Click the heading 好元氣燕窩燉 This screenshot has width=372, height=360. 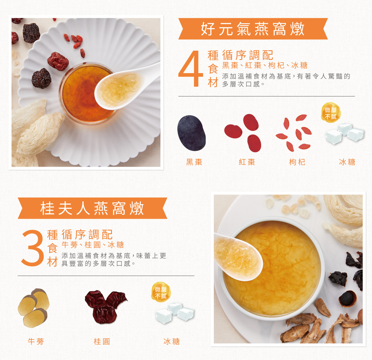pyautogui.click(x=252, y=29)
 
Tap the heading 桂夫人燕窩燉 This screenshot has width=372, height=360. pyautogui.click(x=92, y=208)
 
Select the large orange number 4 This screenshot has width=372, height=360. pyautogui.click(x=190, y=68)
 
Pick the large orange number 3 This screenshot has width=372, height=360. pyautogui.click(x=33, y=248)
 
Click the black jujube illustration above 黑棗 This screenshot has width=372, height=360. pyautogui.click(x=191, y=133)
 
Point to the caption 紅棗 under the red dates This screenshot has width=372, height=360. pyautogui.click(x=247, y=162)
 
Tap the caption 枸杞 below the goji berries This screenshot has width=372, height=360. pyautogui.click(x=297, y=162)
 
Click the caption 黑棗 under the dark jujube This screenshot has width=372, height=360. pyautogui.click(x=194, y=162)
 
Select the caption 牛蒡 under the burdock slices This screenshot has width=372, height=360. pyautogui.click(x=36, y=341)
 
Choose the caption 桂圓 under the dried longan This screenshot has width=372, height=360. pyautogui.click(x=102, y=341)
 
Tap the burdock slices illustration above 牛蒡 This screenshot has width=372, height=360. pyautogui.click(x=34, y=308)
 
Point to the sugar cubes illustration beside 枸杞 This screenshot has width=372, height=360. pyautogui.click(x=345, y=134)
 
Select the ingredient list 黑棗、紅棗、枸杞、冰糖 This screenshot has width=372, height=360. pyautogui.click(x=265, y=65)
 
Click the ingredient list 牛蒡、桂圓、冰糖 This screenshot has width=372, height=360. pyautogui.click(x=93, y=244)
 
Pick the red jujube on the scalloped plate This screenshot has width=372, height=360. pyautogui.click(x=58, y=61)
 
